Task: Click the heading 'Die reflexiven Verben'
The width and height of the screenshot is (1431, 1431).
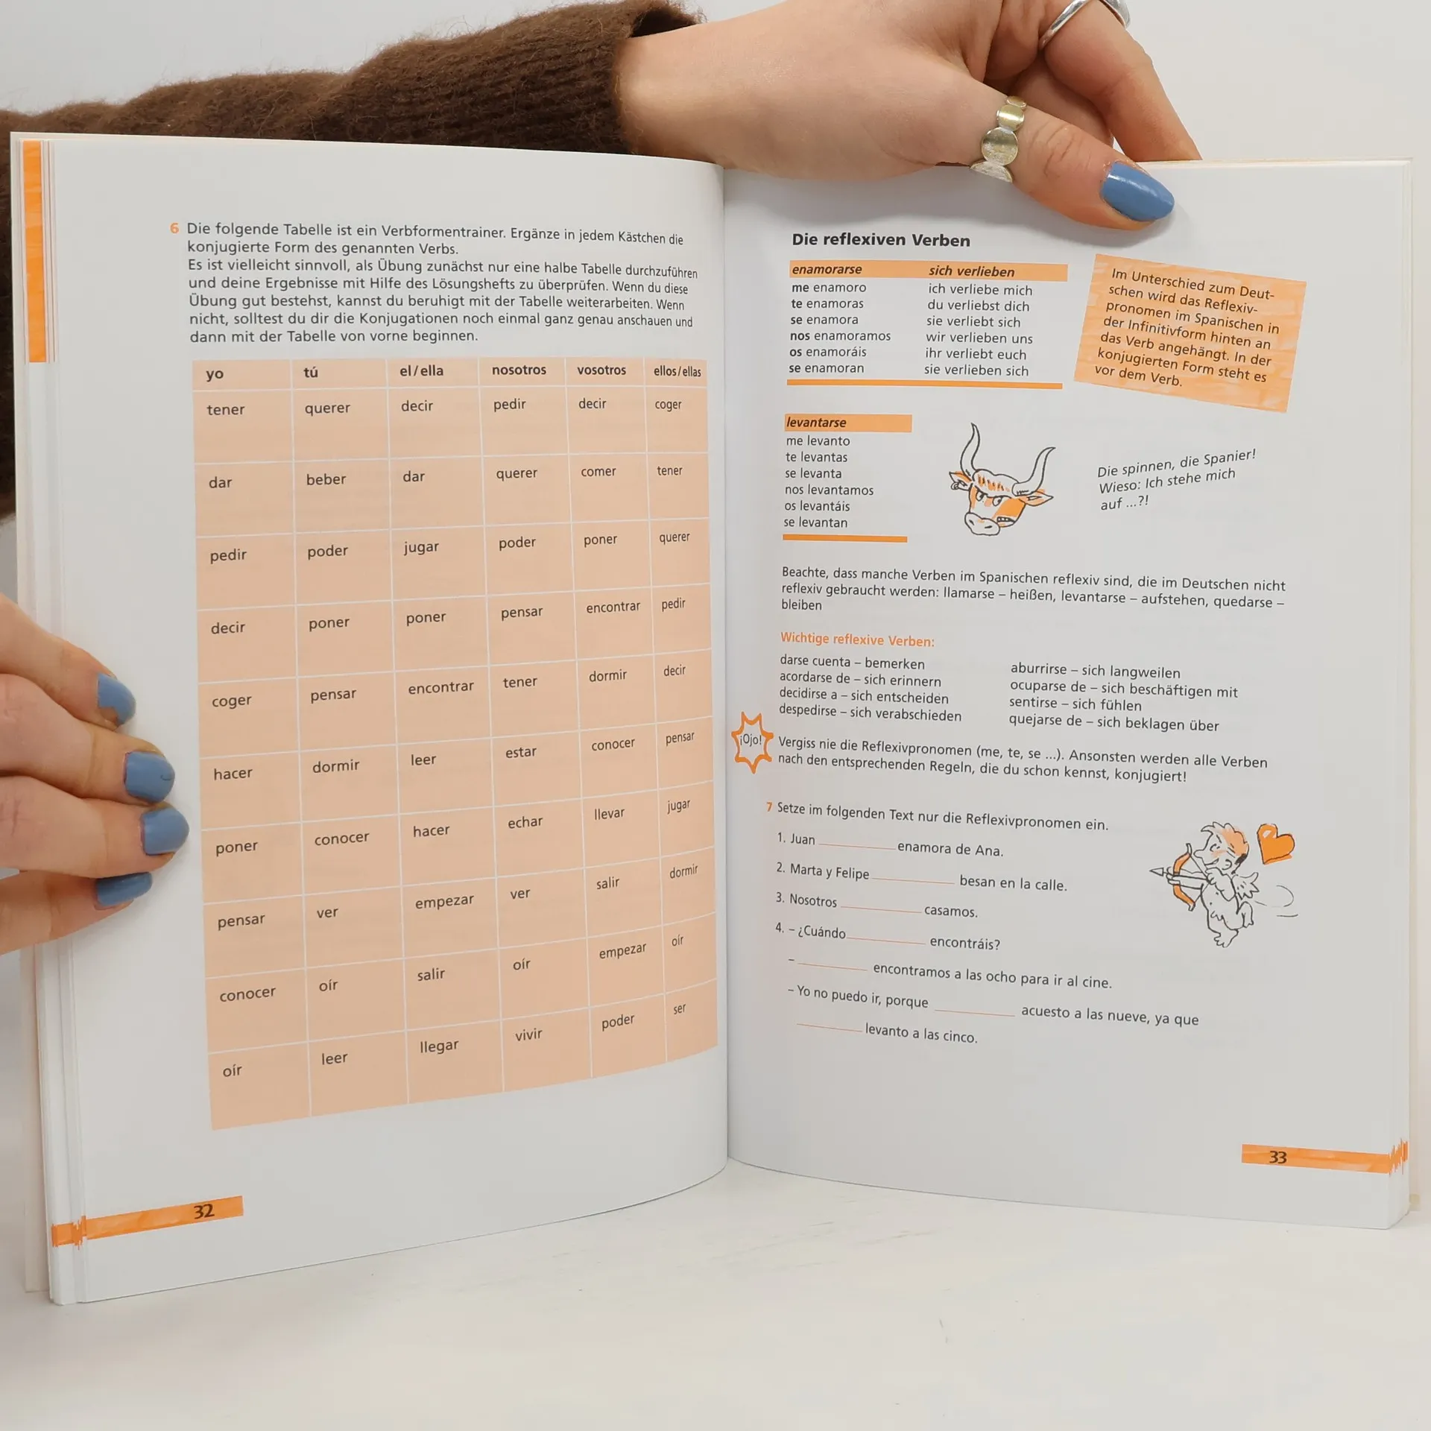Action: tap(881, 240)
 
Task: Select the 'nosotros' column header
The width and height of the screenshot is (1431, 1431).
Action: tap(519, 370)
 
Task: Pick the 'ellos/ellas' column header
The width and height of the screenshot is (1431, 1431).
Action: tap(677, 371)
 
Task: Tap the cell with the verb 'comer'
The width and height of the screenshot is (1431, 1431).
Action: tap(607, 486)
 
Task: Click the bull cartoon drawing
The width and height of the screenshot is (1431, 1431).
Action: tap(1001, 480)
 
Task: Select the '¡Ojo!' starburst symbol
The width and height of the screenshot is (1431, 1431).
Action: tap(751, 742)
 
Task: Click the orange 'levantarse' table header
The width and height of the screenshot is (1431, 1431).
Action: tap(847, 423)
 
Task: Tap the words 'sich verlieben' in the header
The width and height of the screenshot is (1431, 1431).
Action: tap(971, 271)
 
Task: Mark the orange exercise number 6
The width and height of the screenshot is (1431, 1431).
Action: tap(174, 229)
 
